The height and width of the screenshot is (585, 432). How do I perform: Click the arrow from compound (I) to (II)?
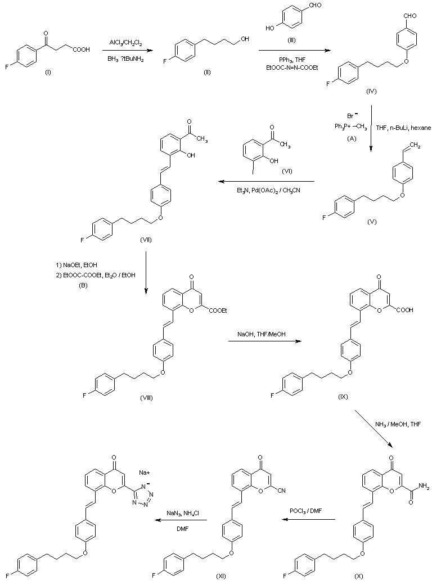(x=125, y=50)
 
